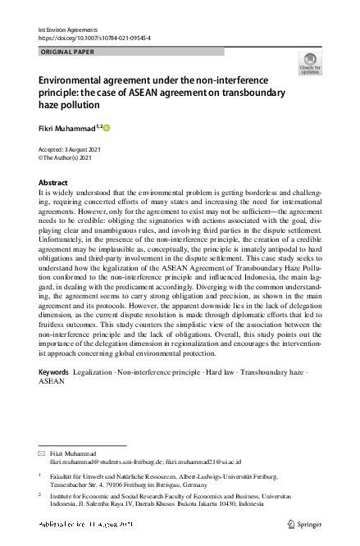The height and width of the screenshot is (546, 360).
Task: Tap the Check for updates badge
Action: coord(309,63)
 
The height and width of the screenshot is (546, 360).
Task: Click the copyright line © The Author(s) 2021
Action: coord(69,158)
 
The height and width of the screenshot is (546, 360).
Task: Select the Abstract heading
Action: coord(54,183)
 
